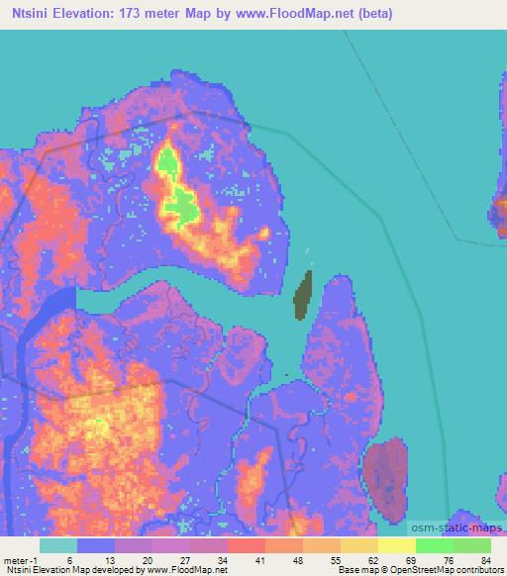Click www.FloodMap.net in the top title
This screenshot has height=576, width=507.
298,13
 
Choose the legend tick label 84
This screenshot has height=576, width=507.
486,559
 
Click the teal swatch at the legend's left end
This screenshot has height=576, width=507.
57,545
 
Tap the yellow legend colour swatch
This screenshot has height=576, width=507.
396,545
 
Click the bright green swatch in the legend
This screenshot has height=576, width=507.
434,545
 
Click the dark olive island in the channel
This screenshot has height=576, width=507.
304,296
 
